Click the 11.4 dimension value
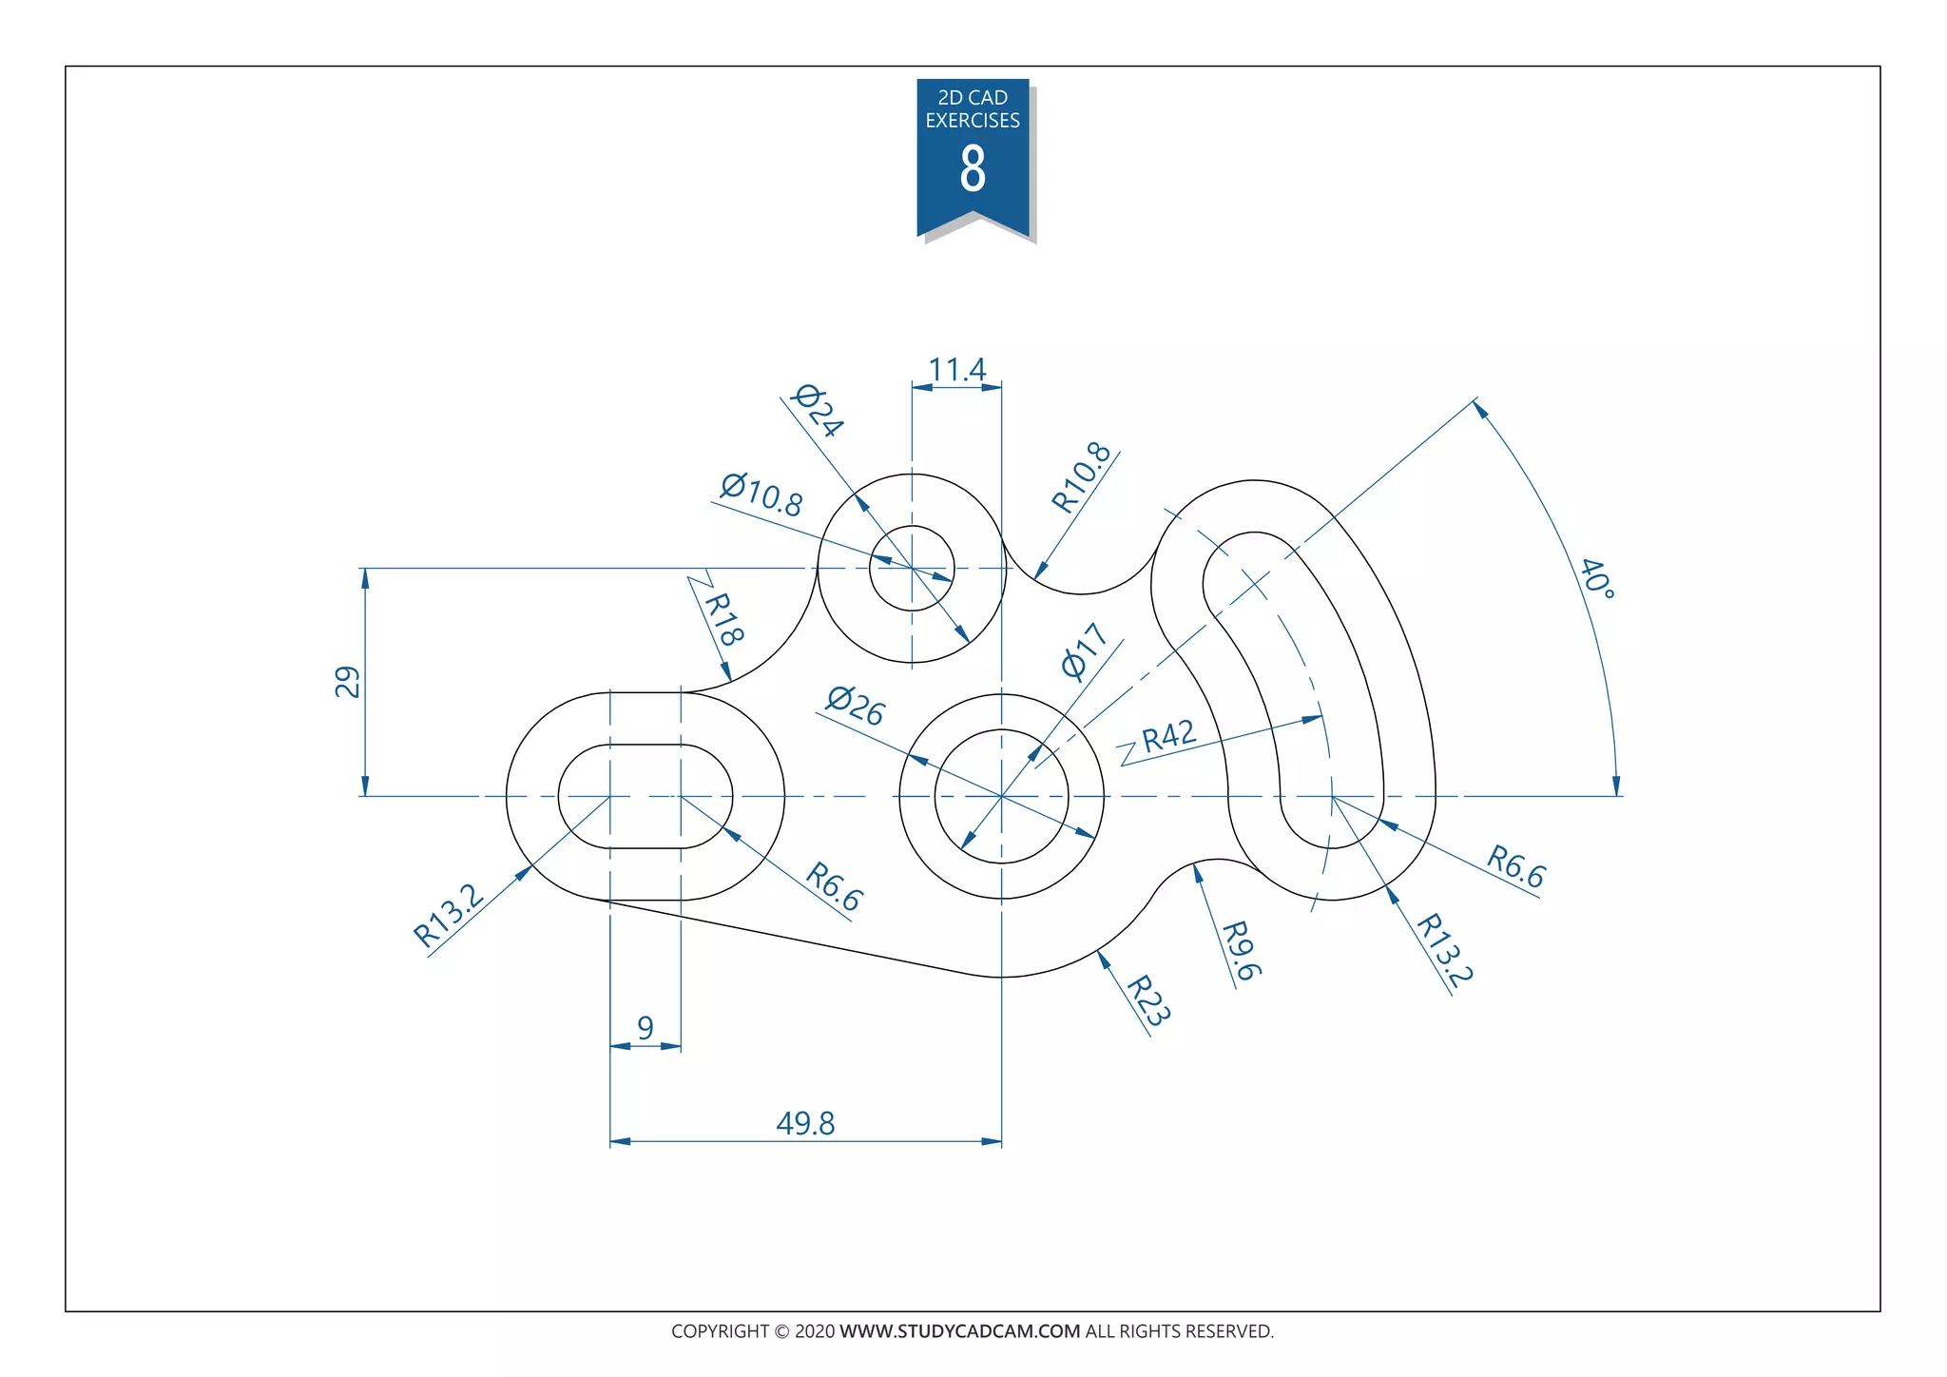click(x=956, y=370)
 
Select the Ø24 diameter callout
click(x=818, y=411)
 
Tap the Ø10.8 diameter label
click(x=761, y=495)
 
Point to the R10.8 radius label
click(x=1082, y=477)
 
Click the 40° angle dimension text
click(x=1597, y=578)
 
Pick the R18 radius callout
click(x=723, y=618)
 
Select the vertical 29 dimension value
click(x=348, y=682)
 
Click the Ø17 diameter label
click(x=1085, y=651)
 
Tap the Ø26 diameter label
click(x=856, y=706)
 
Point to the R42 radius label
click(x=1168, y=736)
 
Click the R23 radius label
click(x=1147, y=1000)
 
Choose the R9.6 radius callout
click(x=1241, y=950)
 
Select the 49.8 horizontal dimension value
click(x=805, y=1124)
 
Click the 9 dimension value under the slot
click(x=646, y=1028)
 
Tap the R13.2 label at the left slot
click(x=449, y=915)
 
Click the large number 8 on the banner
click(x=973, y=169)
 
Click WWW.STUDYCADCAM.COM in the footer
click(x=959, y=1331)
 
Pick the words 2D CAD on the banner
click(x=973, y=98)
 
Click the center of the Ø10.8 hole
click(x=912, y=568)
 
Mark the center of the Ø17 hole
click(x=1001, y=796)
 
